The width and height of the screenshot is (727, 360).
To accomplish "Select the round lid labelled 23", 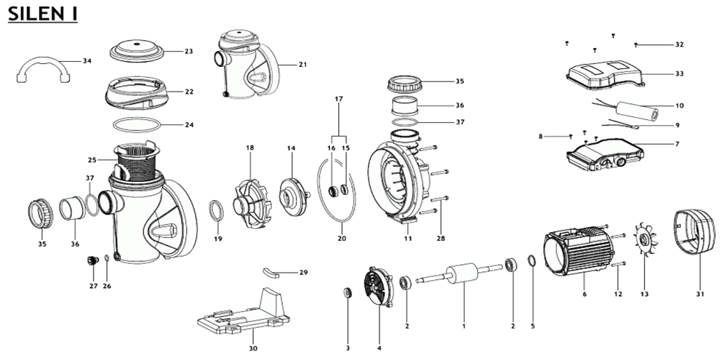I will click(139, 51).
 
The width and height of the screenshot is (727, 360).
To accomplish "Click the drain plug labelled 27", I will click(92, 260).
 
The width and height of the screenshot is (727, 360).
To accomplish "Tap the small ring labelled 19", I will click(216, 211).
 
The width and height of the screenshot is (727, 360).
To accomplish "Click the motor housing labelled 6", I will click(579, 255).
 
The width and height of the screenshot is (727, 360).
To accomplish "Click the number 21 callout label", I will click(302, 65).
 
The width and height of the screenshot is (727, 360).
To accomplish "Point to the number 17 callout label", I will click(338, 97).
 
